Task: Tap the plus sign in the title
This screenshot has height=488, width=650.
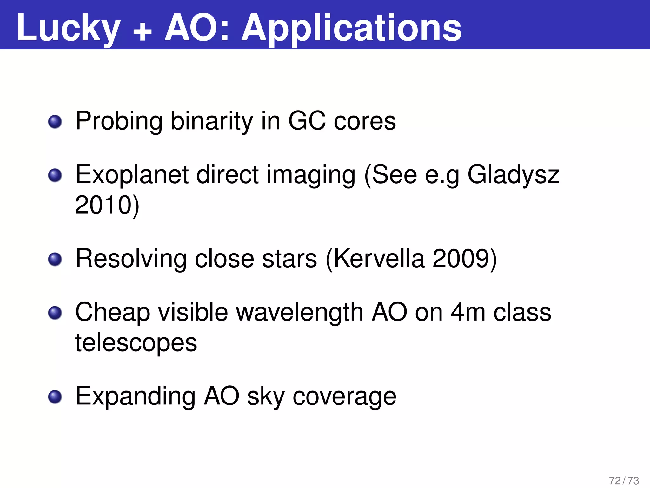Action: [x=143, y=32]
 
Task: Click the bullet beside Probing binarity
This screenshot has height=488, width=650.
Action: [x=55, y=122]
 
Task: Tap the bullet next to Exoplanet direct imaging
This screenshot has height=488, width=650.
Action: [x=55, y=175]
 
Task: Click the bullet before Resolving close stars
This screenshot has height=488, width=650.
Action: [x=55, y=259]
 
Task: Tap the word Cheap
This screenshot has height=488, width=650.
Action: [x=113, y=313]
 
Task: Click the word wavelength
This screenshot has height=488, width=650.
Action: [x=300, y=313]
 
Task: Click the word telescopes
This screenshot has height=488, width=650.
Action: [x=136, y=343]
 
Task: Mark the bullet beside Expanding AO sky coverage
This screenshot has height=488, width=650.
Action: [x=55, y=397]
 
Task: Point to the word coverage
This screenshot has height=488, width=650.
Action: [x=344, y=397]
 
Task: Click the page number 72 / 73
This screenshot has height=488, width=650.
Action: [x=624, y=480]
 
